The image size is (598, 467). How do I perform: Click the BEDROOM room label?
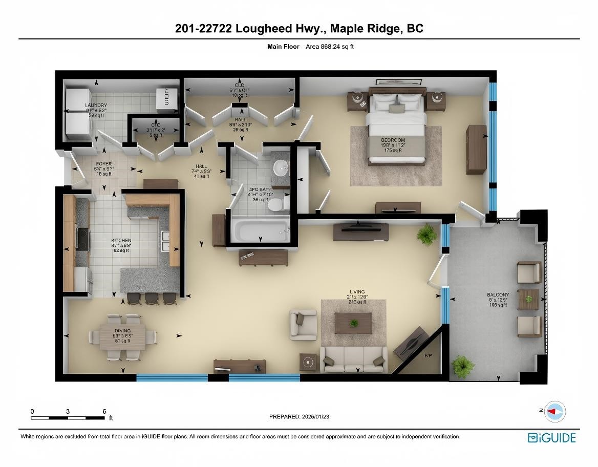coord(393,140)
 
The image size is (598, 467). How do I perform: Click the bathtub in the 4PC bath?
coord(260,230)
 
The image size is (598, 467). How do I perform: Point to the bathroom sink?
coord(280,167)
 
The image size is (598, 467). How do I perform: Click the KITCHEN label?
coord(121,240)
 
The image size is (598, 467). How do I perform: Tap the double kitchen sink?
coord(164,241)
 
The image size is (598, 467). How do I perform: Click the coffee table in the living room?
coord(353,323)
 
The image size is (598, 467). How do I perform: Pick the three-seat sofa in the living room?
coord(353,359)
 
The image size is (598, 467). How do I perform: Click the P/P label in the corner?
coord(429,355)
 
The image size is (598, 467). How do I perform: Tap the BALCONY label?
coord(498,295)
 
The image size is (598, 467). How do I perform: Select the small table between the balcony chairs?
coord(528,299)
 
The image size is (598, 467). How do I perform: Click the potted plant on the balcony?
coord(462,366)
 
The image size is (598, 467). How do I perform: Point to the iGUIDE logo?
coord(552,438)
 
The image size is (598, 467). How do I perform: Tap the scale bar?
coord(68,418)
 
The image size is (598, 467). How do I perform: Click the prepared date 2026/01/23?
coord(299,417)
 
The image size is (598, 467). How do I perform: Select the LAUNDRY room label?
coord(96,105)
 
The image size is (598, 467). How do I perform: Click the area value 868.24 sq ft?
coord(330,47)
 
